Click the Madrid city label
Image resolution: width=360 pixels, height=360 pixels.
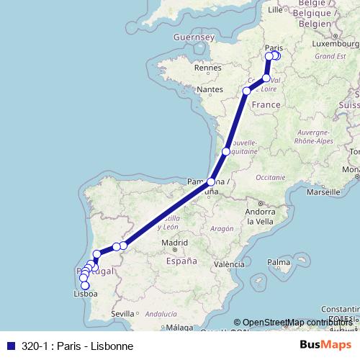pos(174,243)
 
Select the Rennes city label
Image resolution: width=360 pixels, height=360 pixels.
pos(206,68)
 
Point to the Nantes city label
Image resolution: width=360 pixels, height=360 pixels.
pos(209,89)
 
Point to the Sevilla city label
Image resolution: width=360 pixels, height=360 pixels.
pos(123,313)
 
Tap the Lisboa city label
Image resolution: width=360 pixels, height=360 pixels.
pos(86,294)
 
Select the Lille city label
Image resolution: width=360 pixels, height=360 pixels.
pos(275,11)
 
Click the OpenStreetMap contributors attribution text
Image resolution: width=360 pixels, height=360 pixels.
pos(296,323)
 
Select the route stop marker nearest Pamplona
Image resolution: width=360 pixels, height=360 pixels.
pos(211,182)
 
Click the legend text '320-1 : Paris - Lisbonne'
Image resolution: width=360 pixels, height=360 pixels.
pos(72,346)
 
